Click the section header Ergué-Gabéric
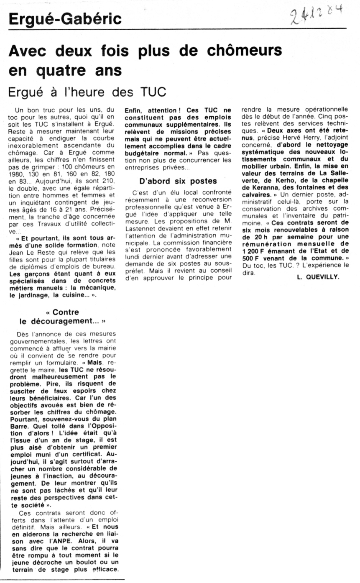pos(65,18)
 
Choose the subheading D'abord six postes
pos(178,181)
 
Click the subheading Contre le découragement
pos(62,317)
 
